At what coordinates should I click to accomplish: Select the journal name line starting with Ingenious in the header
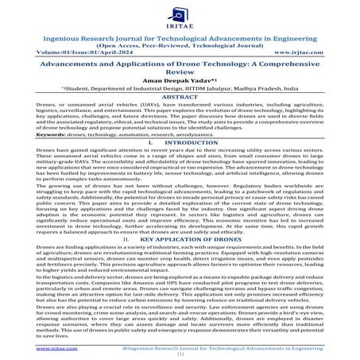click(x=180, y=37)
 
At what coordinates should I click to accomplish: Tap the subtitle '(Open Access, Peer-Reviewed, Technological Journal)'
click(x=180, y=45)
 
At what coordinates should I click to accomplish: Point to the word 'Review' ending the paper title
click(x=180, y=79)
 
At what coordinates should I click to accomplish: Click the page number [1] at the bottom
click(x=180, y=354)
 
